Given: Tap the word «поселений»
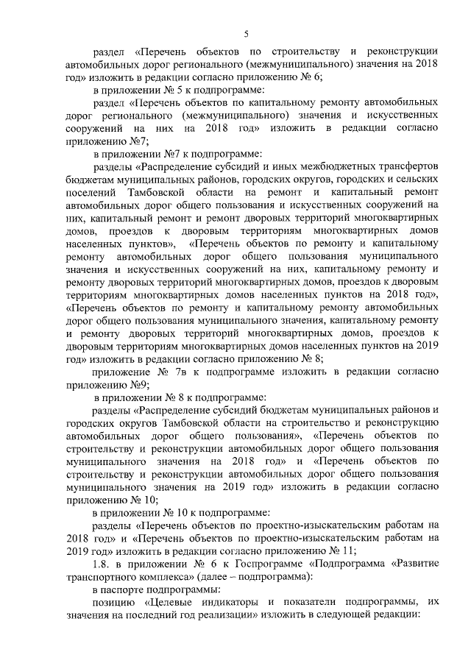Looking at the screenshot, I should coord(89,193).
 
